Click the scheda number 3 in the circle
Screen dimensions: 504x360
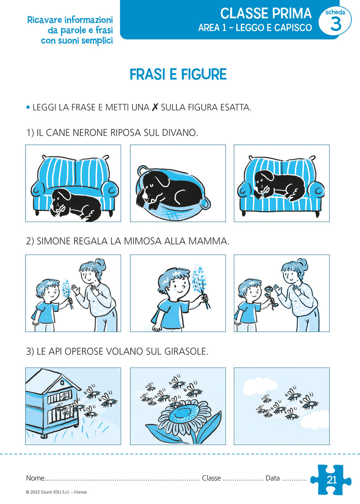pos(335,24)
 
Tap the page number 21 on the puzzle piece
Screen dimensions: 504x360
pos(332,480)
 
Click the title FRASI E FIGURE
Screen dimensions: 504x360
pos(178,75)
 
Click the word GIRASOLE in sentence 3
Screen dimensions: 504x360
pos(187,351)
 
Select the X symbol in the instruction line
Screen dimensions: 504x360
pos(155,107)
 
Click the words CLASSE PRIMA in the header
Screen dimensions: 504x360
pos(266,14)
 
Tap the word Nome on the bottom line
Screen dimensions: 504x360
pos(35,478)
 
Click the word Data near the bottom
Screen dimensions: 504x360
pos(273,478)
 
